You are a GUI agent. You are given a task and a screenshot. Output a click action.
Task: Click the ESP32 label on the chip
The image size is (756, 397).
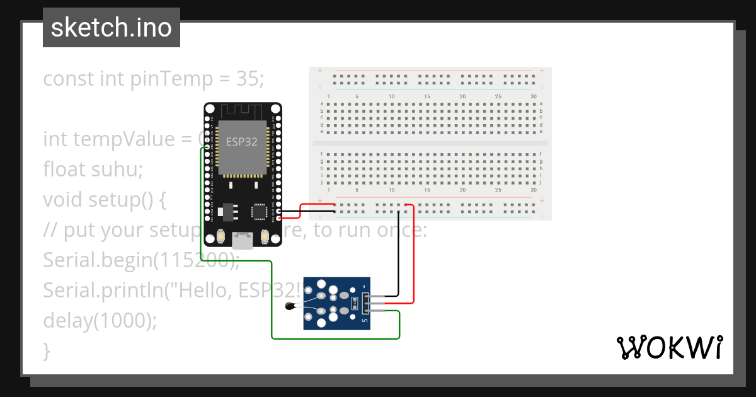(x=242, y=142)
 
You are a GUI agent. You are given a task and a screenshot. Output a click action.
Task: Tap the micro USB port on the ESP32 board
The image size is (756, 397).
(x=242, y=239)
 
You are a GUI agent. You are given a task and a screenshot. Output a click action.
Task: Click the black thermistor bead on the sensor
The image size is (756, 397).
(x=290, y=307)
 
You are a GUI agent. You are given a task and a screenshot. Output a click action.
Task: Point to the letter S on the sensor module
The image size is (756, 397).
(x=364, y=320)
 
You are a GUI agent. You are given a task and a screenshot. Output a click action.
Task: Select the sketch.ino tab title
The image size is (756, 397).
(x=112, y=28)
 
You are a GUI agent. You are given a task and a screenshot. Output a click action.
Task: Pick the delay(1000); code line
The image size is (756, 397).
(x=100, y=320)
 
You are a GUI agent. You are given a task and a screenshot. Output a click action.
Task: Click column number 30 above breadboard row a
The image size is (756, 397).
(x=534, y=96)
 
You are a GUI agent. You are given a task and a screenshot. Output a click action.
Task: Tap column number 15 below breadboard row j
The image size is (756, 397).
(x=427, y=190)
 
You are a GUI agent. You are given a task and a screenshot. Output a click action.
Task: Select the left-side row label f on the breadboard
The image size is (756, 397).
(x=322, y=154)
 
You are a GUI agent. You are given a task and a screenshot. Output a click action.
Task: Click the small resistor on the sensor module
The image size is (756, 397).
(x=355, y=303)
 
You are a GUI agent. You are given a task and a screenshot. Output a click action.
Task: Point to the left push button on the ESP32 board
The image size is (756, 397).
(x=220, y=236)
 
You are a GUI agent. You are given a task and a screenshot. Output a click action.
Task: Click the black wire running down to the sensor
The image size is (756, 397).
(x=398, y=252)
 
